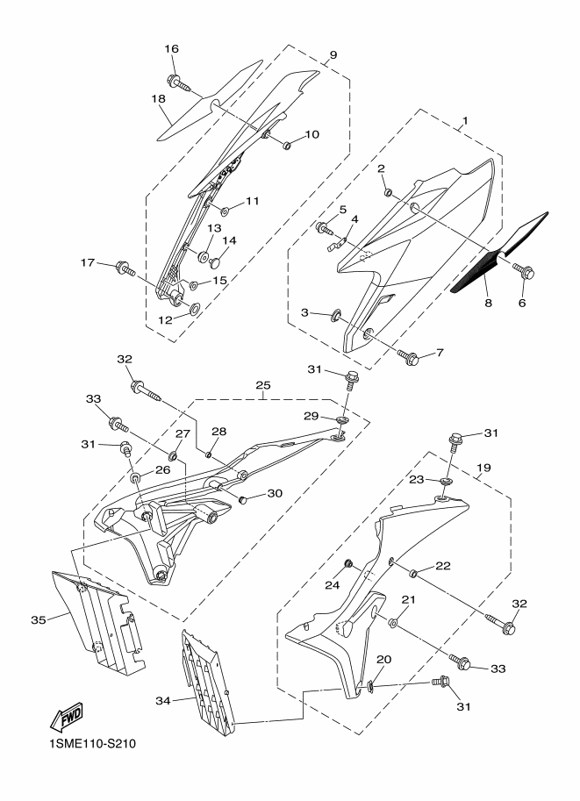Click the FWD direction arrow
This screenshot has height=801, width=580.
pos(66,717)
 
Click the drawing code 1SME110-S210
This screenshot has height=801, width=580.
pos(92,743)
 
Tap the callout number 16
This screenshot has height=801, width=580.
pos(172,49)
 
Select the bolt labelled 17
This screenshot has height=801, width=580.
pos(125,268)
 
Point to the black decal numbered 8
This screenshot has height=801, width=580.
pos(498,253)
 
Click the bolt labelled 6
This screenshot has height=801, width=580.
pos(525,271)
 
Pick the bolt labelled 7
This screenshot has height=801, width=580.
pos(409,356)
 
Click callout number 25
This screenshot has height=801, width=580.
pos(264,384)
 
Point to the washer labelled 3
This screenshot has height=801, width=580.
pos(337,316)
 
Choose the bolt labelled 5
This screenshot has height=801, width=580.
pos(325,228)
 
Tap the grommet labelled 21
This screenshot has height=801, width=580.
pos(393,623)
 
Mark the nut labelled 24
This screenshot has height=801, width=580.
pos(348,563)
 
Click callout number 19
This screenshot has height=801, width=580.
pos(483,468)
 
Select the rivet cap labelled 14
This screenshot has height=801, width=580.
pos(215,262)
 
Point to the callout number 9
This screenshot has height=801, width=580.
pos(333,54)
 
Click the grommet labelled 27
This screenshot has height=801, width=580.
pos(173,454)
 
